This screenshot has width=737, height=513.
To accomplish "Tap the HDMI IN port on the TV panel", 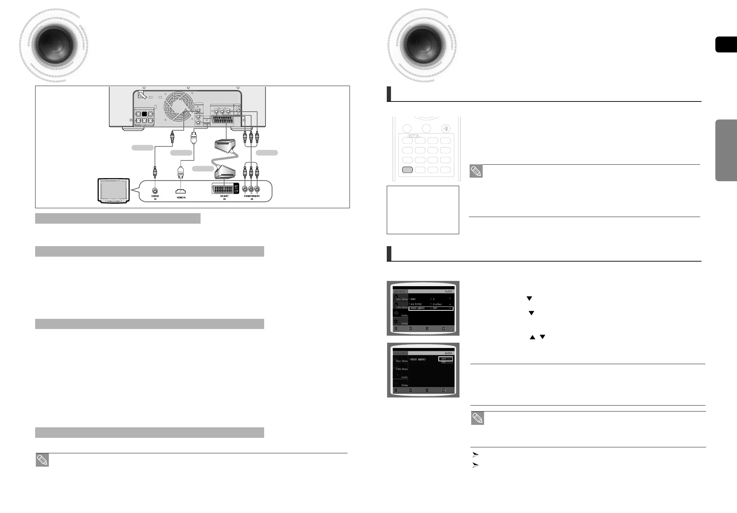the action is click(181, 192).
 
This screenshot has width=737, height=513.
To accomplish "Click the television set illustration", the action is click(114, 191).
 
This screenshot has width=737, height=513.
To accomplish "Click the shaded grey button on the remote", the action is click(407, 170).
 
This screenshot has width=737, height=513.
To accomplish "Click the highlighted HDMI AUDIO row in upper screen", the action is click(431, 308).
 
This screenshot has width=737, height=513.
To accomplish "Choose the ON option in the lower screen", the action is click(444, 362).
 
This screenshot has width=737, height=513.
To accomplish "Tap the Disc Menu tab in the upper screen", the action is click(400, 298).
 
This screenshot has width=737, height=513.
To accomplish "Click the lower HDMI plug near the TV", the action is click(181, 172).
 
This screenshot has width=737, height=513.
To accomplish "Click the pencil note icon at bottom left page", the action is click(42, 460).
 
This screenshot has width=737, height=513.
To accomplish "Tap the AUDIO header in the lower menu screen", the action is click(448, 353).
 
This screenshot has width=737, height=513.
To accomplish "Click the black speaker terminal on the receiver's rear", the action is click(144, 114).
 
